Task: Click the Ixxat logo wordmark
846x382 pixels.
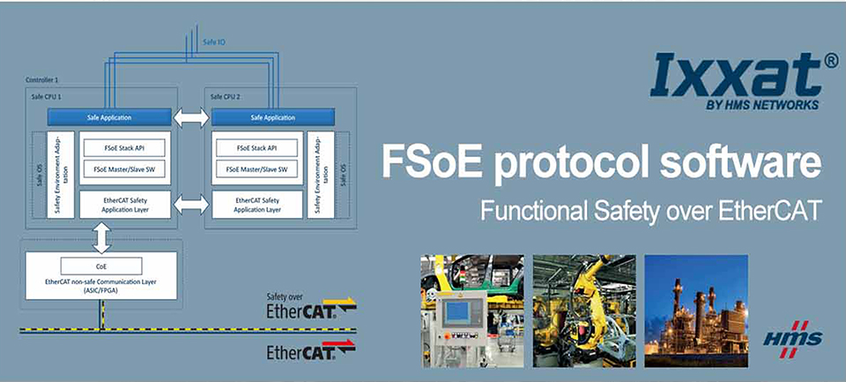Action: pyautogui.click(x=738, y=76)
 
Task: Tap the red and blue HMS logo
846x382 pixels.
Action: pyautogui.click(x=793, y=340)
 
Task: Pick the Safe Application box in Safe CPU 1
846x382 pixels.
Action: pyautogui.click(x=109, y=117)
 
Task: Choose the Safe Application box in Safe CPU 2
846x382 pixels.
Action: pyautogui.click(x=273, y=117)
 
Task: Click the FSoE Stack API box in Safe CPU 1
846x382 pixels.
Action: pyautogui.click(x=125, y=147)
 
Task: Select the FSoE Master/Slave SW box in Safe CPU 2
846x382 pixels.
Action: pyautogui.click(x=256, y=169)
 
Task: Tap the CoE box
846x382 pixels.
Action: pyautogui.click(x=101, y=266)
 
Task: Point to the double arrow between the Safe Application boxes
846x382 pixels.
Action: pyautogui.click(x=191, y=118)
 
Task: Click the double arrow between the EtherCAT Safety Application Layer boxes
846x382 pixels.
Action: pyautogui.click(x=191, y=205)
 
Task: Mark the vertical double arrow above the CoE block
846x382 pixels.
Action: pyautogui.click(x=101, y=237)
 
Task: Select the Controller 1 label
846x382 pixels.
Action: pyautogui.click(x=42, y=80)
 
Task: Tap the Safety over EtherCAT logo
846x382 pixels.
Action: pyautogui.click(x=311, y=306)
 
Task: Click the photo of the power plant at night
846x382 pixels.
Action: pyautogui.click(x=696, y=311)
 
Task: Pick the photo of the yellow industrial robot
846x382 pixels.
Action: pyautogui.click(x=584, y=311)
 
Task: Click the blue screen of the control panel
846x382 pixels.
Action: pyautogui.click(x=457, y=312)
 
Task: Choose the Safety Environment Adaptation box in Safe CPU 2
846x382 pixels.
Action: pyautogui.click(x=321, y=175)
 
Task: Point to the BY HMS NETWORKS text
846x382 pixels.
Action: pyautogui.click(x=762, y=105)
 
